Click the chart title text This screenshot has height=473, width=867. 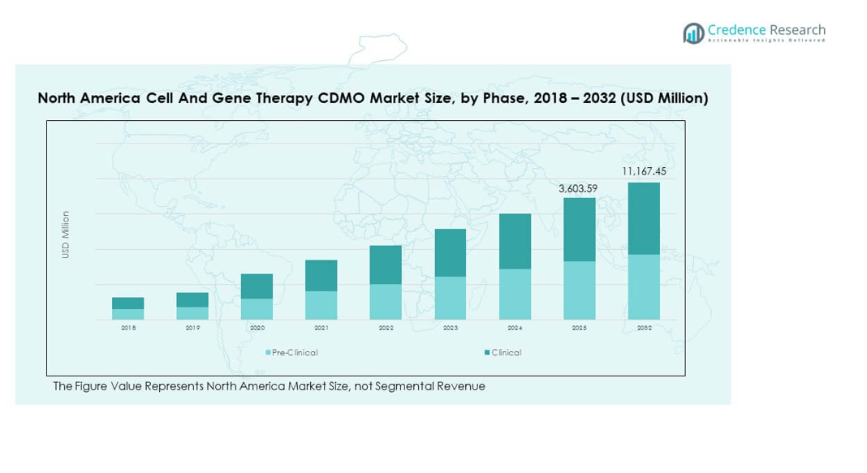coord(373,98)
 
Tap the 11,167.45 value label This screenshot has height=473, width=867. coord(643,172)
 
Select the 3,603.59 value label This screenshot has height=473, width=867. coord(579,188)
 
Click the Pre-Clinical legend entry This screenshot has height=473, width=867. coord(292,353)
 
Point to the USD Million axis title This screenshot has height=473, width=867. coord(66,235)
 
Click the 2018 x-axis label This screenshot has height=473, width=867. coord(128,328)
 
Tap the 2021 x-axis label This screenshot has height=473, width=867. coord(321,328)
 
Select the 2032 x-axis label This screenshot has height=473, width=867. coord(644,328)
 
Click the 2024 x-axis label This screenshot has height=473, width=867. coord(515,328)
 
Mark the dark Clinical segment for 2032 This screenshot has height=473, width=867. coord(644,218)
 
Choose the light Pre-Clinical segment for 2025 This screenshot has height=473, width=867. coord(580,290)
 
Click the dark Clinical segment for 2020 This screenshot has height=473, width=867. coord(257,286)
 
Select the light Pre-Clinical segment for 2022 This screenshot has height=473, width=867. coord(386,302)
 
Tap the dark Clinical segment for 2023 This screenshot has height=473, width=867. coord(451,253)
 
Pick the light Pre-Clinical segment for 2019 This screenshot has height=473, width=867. coord(192,313)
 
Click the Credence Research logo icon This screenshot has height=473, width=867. coord(693,32)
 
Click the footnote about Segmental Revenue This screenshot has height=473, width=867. coord(269,386)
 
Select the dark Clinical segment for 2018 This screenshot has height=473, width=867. coord(128,303)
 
